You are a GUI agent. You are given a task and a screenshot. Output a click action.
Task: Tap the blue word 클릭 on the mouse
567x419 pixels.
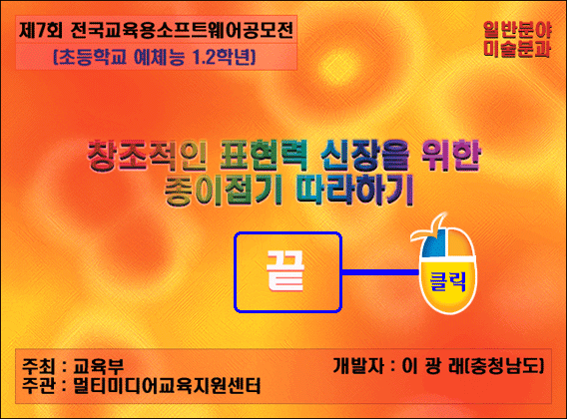coord(447,281)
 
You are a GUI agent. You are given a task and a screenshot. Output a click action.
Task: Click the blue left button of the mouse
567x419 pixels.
coord(433,244)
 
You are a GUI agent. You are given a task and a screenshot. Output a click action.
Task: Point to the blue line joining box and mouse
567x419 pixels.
coord(380,272)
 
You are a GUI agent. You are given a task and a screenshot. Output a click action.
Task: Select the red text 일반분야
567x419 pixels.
coord(517,29)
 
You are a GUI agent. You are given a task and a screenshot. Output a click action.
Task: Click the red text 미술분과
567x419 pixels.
coord(517,49)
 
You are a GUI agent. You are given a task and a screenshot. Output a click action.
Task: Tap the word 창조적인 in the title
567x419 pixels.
coord(147,157)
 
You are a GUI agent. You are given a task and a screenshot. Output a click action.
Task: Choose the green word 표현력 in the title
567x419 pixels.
coord(264,156)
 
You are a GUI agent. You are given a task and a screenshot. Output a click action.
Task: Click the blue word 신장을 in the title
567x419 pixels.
coord(365,156)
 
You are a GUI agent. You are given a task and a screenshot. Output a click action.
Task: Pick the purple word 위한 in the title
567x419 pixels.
coord(451,156)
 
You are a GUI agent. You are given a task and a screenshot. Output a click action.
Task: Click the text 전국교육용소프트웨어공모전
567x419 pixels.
coord(182,30)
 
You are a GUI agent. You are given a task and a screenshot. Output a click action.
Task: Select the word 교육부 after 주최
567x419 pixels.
coord(99,366)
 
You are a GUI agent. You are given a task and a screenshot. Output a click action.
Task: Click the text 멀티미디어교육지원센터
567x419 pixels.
coord(167,386)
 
